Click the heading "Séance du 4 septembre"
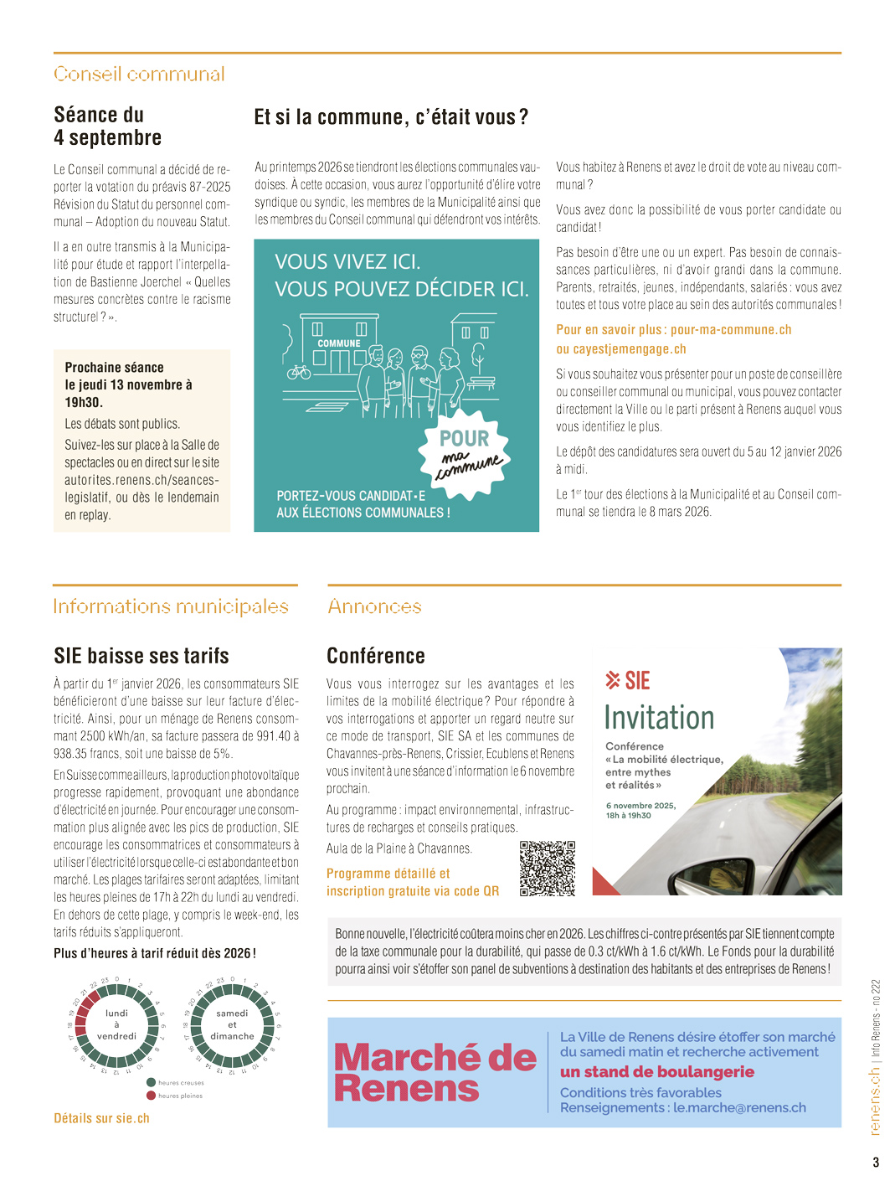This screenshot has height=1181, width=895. tap(107, 126)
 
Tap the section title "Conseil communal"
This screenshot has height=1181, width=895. tap(139, 74)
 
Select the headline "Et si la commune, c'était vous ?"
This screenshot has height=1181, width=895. tap(391, 117)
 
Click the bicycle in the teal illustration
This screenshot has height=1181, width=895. tap(299, 370)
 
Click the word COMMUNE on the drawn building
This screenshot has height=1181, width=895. tap(339, 343)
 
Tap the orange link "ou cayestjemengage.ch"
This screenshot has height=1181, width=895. tap(620, 349)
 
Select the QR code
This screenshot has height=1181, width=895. tap(548, 869)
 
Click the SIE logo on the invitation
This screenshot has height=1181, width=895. tap(628, 681)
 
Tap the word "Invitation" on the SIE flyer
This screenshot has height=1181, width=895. tap(659, 718)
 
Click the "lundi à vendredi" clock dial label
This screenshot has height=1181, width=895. tap(117, 1024)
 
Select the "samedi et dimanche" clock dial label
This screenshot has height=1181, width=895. tap(232, 1024)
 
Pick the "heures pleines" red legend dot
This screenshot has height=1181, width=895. tap(152, 1096)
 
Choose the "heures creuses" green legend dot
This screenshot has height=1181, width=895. tap(152, 1082)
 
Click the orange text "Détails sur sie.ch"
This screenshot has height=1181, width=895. tap(101, 1118)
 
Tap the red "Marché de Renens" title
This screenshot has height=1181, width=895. tap(435, 1073)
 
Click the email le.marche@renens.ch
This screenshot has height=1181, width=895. tap(739, 1108)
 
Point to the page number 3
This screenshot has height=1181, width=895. tap(876, 1162)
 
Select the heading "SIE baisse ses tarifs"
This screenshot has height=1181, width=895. tap(141, 656)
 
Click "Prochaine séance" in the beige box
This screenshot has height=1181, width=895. tap(114, 368)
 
